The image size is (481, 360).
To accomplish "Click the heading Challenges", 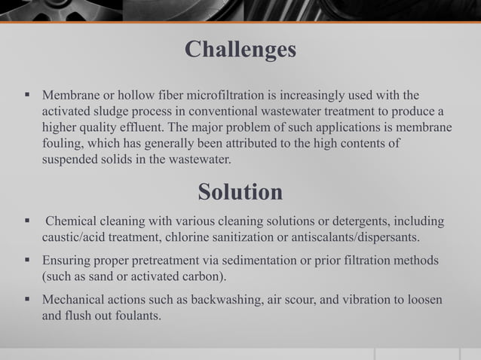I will (240, 50).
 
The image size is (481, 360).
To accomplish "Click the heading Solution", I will (240, 192).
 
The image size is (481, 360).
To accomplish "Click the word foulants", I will (136, 315).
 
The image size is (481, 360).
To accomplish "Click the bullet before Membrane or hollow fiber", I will (26, 96).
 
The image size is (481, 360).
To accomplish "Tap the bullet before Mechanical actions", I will (26, 300).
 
